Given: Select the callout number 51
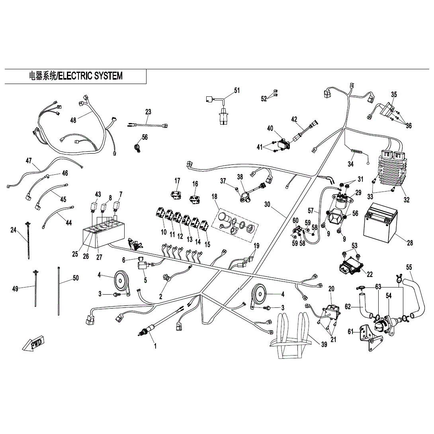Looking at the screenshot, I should point(237,90).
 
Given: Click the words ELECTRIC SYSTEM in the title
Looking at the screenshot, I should point(90,76).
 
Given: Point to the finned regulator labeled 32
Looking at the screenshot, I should point(391,169).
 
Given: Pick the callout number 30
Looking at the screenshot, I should point(267,204).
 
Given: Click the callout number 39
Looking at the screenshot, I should point(324,344).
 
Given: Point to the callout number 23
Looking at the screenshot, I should point(148,112).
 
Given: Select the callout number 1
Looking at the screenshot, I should point(155,346).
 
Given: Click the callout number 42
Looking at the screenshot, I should point(294,119).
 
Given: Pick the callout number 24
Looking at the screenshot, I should point(14,230).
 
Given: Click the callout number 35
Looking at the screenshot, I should point(394,94).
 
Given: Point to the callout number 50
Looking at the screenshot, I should point(76,278).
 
